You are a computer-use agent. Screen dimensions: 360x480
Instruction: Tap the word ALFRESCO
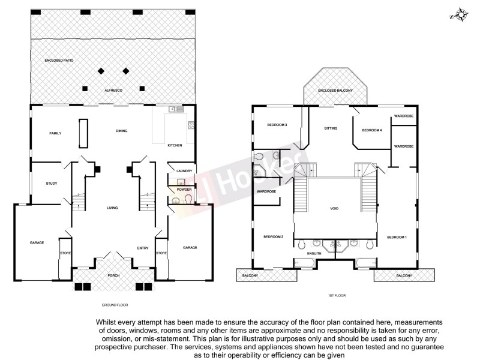tap(113, 89)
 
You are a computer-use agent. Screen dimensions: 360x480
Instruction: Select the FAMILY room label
tap(55, 133)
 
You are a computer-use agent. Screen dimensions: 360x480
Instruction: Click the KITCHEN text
tap(175, 146)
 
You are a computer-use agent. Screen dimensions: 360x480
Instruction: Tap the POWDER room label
tap(184, 189)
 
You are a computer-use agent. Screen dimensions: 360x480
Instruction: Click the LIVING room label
tap(112, 208)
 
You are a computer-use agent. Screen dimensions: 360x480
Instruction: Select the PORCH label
tap(113, 275)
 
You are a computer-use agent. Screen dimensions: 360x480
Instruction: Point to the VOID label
tap(334, 209)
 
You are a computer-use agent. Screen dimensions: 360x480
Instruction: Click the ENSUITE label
tap(314, 254)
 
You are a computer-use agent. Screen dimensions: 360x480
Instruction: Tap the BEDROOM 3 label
tap(277, 125)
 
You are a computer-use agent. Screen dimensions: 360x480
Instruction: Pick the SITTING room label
tap(331, 128)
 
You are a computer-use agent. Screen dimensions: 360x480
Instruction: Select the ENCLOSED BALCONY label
tap(335, 90)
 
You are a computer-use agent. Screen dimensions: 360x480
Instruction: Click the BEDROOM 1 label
tap(397, 238)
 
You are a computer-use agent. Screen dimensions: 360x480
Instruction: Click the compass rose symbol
tap(460, 14)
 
